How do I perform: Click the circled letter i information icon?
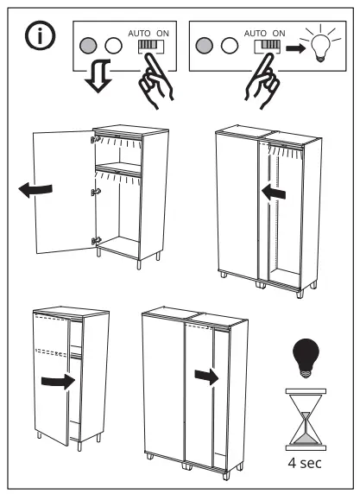tap(39, 38)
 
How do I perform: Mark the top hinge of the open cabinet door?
tap(96, 138)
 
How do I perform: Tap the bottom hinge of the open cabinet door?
tap(96, 241)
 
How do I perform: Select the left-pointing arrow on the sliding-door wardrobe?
tap(273, 194)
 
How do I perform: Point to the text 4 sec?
tap(306, 462)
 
